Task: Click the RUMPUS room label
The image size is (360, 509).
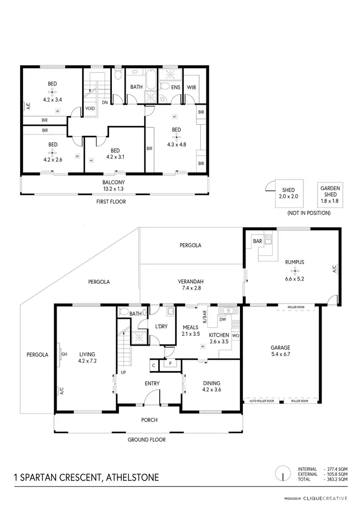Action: pyautogui.click(x=294, y=262)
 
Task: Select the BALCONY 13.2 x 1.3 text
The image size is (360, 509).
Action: pyautogui.click(x=114, y=185)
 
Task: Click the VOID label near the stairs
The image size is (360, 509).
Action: pyautogui.click(x=90, y=108)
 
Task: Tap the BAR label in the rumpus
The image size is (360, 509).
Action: pyautogui.click(x=257, y=241)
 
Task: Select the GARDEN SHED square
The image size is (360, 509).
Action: pyautogui.click(x=329, y=195)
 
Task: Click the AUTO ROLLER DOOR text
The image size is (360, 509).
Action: pyautogui.click(x=262, y=400)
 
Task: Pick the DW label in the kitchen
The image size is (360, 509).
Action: pyautogui.click(x=222, y=319)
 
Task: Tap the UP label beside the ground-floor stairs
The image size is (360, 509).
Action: pyautogui.click(x=123, y=372)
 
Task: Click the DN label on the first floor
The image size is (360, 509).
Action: pyautogui.click(x=105, y=102)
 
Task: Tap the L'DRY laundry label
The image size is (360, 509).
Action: pyautogui.click(x=161, y=327)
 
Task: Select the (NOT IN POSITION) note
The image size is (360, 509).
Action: pyautogui.click(x=308, y=213)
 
